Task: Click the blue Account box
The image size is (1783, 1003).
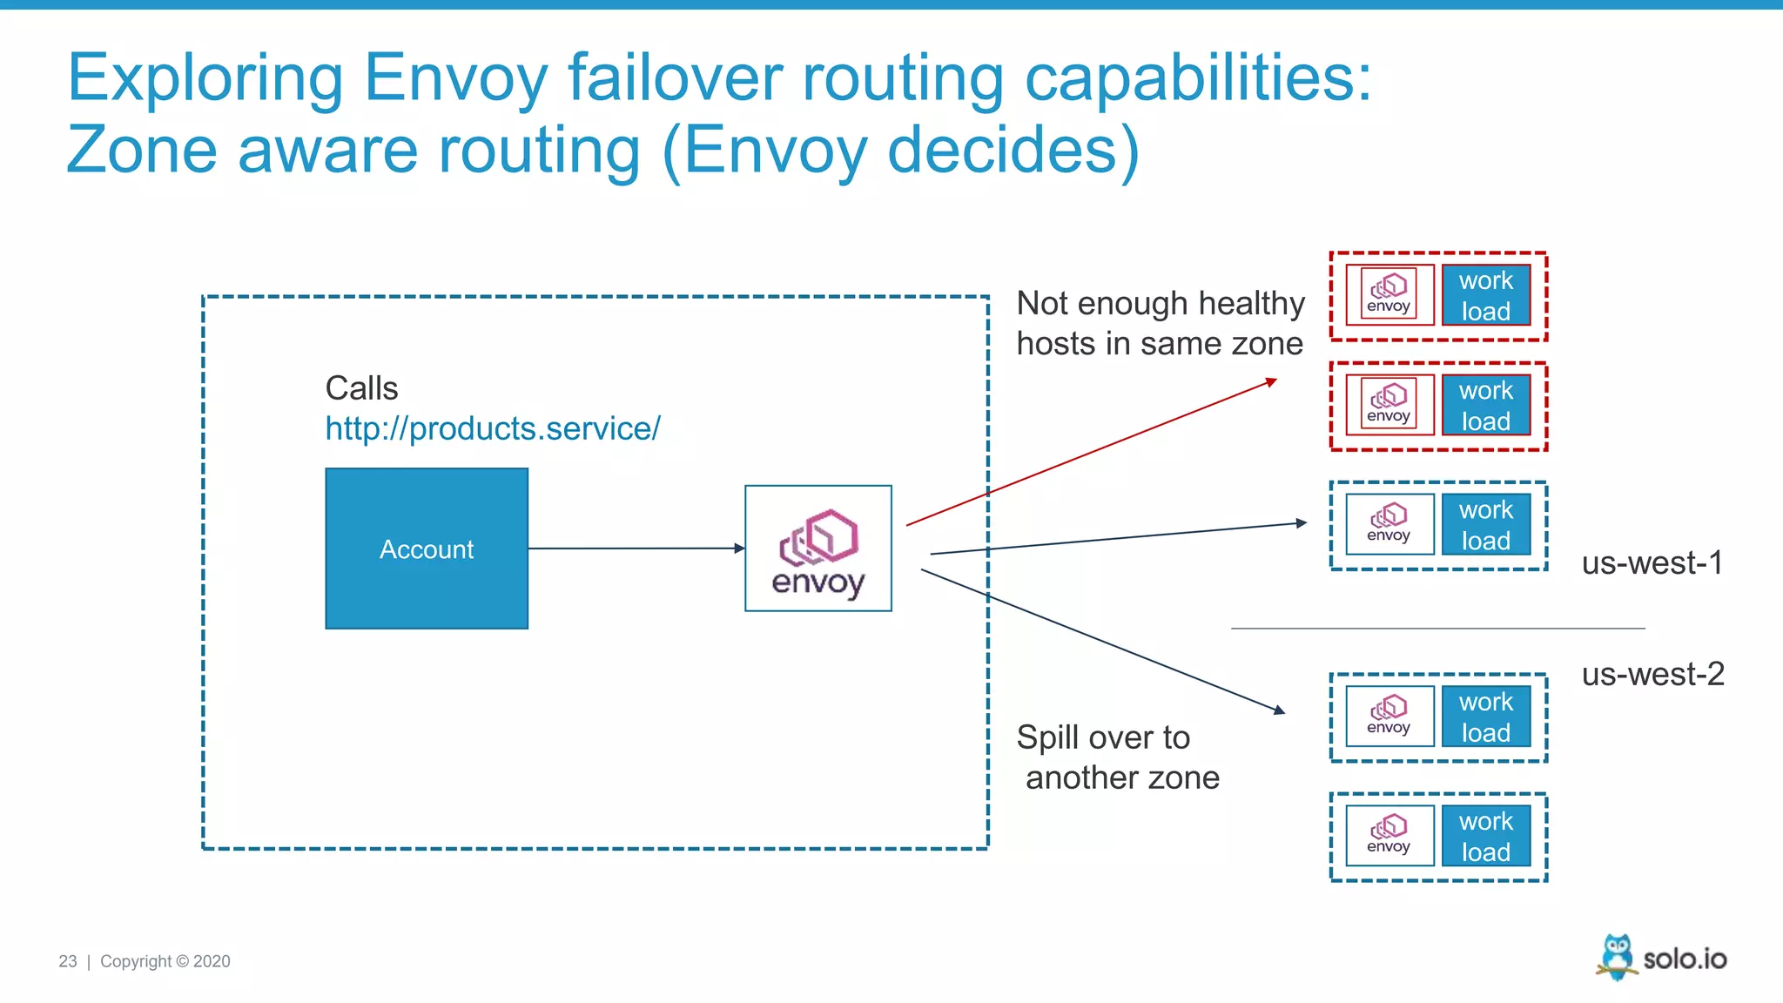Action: click(x=427, y=549)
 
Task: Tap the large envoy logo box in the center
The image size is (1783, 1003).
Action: click(x=817, y=549)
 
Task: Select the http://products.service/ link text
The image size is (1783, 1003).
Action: click(x=493, y=428)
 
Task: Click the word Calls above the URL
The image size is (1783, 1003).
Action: click(x=361, y=388)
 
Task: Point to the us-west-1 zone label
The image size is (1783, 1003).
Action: click(x=1652, y=563)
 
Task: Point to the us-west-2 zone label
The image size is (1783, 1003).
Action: click(x=1652, y=674)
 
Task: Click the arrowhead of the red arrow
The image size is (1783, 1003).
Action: click(x=1272, y=381)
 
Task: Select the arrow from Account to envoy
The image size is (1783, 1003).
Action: click(x=636, y=549)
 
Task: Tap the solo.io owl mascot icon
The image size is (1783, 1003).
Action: click(x=1617, y=957)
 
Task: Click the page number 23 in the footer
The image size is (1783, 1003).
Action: click(x=68, y=961)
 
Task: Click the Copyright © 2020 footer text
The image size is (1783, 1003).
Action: click(x=165, y=961)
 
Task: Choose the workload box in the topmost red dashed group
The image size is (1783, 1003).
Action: click(x=1485, y=295)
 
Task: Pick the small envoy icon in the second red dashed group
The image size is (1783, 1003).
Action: click(x=1389, y=405)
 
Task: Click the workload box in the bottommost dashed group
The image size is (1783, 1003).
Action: click(x=1485, y=836)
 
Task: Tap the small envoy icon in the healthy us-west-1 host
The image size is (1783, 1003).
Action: click(x=1389, y=524)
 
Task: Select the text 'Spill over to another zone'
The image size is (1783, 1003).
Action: click(x=1118, y=757)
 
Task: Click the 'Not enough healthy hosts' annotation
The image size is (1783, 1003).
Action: click(x=1160, y=323)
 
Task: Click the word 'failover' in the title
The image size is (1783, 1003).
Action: click(x=675, y=78)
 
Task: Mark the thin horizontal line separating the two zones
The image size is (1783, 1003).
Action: click(x=1436, y=628)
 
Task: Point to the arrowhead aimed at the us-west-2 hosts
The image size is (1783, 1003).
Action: click(x=1279, y=710)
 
